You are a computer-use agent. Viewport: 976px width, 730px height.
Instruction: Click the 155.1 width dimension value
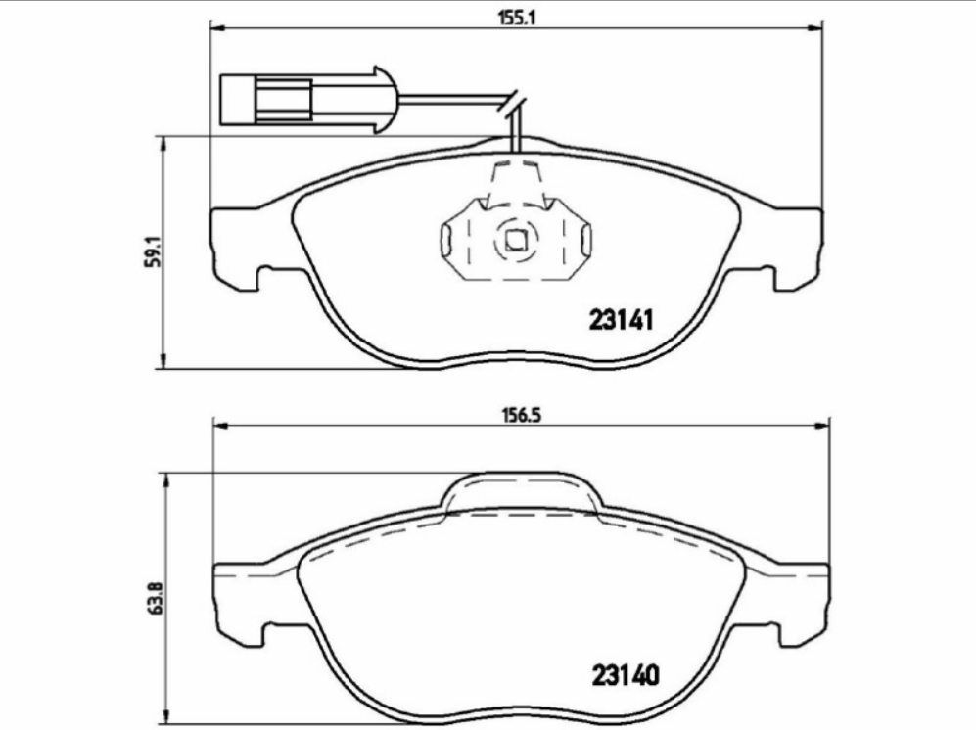(x=514, y=16)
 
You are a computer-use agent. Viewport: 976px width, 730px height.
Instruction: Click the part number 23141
(x=621, y=320)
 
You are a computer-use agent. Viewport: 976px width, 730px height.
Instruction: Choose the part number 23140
(x=623, y=675)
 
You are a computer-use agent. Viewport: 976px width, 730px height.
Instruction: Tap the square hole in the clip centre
(x=515, y=239)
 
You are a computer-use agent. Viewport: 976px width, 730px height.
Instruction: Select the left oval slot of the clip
(x=445, y=239)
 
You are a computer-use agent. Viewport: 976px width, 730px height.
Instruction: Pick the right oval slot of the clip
(x=585, y=239)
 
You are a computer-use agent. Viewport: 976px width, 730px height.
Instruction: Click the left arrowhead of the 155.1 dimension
(x=217, y=29)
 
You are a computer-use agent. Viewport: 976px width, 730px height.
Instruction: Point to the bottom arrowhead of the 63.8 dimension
(x=163, y=722)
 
